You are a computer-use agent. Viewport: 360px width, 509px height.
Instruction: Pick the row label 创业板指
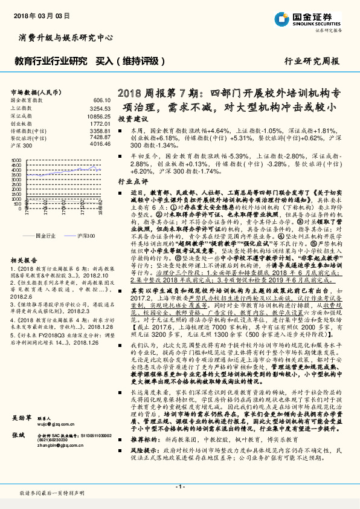(22, 122)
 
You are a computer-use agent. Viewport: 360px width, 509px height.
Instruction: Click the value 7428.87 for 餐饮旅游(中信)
(98, 138)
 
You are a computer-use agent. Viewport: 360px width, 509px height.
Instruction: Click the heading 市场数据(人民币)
(36, 91)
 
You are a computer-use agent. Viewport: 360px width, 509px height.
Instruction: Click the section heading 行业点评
(131, 181)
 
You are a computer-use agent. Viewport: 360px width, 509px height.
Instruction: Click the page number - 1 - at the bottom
(179, 487)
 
